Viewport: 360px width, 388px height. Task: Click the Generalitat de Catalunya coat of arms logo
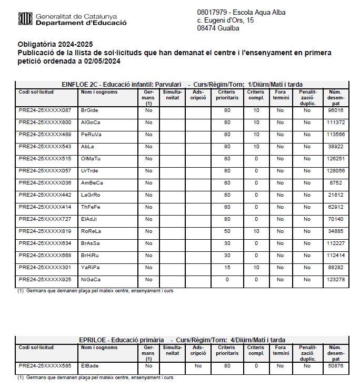[x=25, y=19]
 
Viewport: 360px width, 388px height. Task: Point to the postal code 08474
[x=206, y=28]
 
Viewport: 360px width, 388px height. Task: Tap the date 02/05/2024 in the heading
[x=103, y=61]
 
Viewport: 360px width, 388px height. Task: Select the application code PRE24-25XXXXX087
[x=45, y=110]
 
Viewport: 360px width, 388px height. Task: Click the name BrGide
[x=89, y=110]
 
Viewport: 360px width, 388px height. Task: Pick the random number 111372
[x=335, y=122]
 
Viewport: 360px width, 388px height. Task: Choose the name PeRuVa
[x=91, y=135]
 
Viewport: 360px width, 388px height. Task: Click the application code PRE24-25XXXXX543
[x=45, y=147]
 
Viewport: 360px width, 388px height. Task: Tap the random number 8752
[x=335, y=183]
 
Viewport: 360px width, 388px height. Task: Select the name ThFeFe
[x=91, y=207]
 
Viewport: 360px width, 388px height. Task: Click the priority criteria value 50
[x=227, y=231]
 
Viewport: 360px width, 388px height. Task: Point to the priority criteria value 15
[x=227, y=268]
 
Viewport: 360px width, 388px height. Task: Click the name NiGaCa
[x=91, y=280]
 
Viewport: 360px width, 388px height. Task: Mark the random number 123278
[x=335, y=280]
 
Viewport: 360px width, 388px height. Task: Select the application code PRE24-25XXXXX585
[x=45, y=366]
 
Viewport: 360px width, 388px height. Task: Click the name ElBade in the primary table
[x=89, y=366]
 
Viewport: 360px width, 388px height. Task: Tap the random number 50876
[x=335, y=366]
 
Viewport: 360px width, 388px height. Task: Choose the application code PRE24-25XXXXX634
[x=45, y=243]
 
